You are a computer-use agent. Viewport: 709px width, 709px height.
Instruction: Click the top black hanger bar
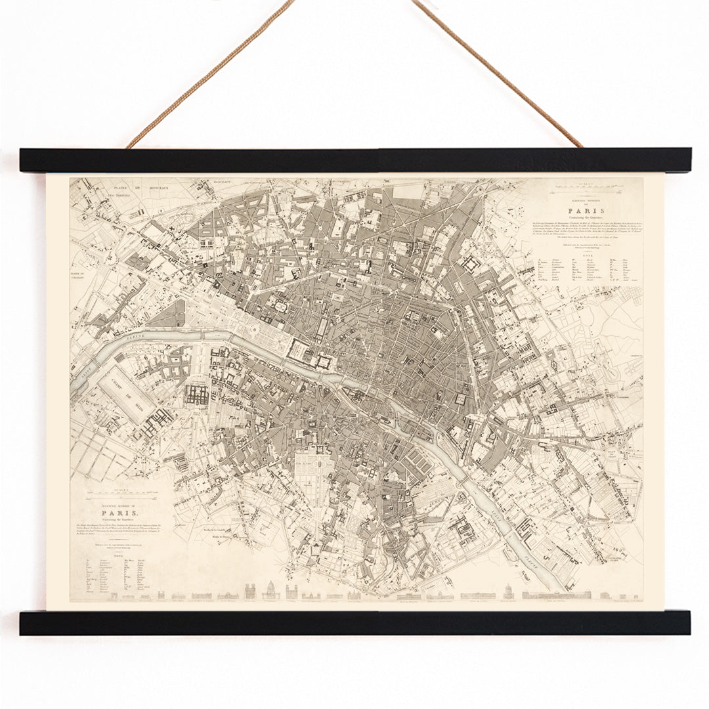[x=355, y=160]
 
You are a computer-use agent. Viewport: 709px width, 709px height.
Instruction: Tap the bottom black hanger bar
[x=355, y=622]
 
